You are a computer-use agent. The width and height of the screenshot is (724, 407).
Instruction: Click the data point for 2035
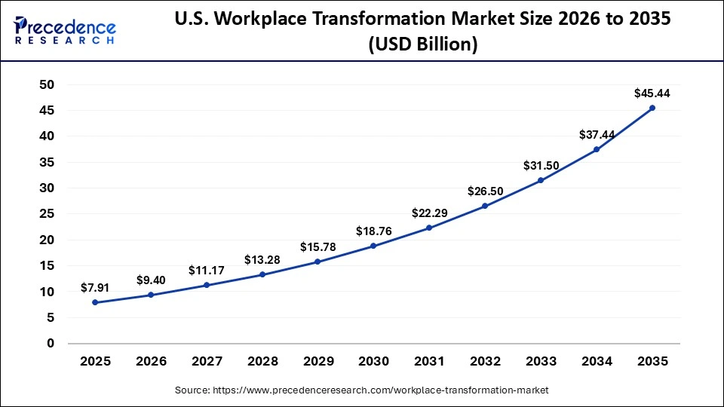pyautogui.click(x=652, y=108)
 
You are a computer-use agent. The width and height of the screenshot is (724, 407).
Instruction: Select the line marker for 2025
pyautogui.click(x=94, y=302)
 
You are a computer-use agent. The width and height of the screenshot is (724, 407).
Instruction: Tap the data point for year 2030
pyautogui.click(x=373, y=246)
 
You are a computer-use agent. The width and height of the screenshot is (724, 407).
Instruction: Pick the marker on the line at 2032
pyautogui.click(x=485, y=206)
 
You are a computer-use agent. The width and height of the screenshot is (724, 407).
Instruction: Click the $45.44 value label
pyautogui.click(x=652, y=93)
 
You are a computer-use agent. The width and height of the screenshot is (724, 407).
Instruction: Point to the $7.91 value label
pyautogui.click(x=95, y=288)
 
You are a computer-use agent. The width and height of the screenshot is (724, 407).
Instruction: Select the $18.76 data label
pyautogui.click(x=374, y=231)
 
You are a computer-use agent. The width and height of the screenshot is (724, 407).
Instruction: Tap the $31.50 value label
pyautogui.click(x=541, y=166)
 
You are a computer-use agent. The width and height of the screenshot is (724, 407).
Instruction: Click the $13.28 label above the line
pyautogui.click(x=262, y=260)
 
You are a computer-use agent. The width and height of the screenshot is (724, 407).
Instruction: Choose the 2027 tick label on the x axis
pyautogui.click(x=206, y=361)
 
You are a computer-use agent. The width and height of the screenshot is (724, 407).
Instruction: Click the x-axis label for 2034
pyautogui.click(x=597, y=361)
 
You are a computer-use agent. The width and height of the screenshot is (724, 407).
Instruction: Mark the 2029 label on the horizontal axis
pyautogui.click(x=318, y=361)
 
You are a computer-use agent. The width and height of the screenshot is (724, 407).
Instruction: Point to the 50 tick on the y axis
pyautogui.click(x=47, y=84)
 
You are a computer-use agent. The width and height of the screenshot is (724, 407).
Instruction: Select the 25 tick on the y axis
pyautogui.click(x=47, y=214)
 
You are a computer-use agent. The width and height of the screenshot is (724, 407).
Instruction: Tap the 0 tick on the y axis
pyautogui.click(x=51, y=344)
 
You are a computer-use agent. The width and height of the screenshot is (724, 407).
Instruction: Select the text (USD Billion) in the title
pyautogui.click(x=422, y=45)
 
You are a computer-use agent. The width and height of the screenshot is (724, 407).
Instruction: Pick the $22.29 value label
pyautogui.click(x=429, y=213)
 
